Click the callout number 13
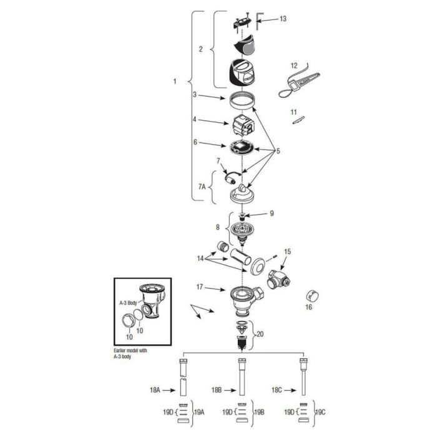(283, 19)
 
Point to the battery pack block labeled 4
(243, 124)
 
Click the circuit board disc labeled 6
(242, 146)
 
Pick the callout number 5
(278, 151)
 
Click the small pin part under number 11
(298, 120)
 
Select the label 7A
(202, 187)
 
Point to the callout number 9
(272, 214)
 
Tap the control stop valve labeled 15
(278, 280)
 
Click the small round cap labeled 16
(313, 297)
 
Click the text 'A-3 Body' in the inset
(128, 303)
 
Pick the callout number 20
(260, 333)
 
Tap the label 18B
(216, 390)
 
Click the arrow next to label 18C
(290, 390)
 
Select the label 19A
(199, 412)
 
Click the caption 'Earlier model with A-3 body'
(130, 353)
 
